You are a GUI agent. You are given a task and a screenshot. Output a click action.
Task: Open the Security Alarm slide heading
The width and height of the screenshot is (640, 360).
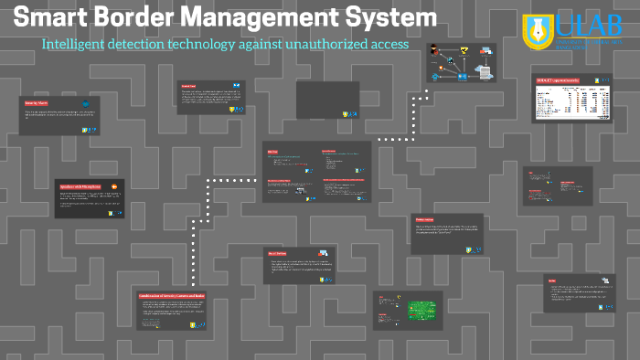[37, 104]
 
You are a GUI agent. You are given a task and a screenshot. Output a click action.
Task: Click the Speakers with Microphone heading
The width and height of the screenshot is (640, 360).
[80, 185]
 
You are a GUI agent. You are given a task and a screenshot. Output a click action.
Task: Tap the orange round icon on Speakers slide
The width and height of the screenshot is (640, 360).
[115, 185]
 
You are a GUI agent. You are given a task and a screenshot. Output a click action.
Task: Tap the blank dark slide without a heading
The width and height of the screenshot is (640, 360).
[327, 100]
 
